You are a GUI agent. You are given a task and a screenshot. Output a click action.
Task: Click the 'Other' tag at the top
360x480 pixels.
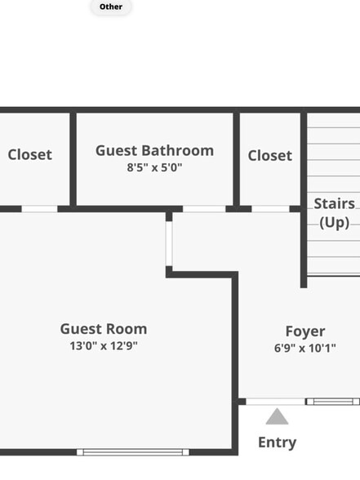[111, 7]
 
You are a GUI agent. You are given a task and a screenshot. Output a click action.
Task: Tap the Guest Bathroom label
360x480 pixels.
[154, 150]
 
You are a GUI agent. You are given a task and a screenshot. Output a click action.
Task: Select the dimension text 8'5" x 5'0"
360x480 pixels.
[154, 167]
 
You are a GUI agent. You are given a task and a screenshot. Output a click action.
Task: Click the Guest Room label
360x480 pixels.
[104, 329]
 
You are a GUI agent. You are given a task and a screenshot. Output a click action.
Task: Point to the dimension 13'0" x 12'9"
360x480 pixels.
[104, 345]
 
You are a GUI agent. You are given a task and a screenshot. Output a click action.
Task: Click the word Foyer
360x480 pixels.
[305, 331]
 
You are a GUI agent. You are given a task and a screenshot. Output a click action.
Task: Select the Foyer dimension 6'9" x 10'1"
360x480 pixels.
[305, 348]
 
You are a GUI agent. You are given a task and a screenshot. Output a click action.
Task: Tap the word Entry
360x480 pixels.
[277, 442]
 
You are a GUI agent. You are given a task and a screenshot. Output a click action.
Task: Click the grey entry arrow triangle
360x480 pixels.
[277, 417]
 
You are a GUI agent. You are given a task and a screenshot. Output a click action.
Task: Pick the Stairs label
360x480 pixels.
[335, 203]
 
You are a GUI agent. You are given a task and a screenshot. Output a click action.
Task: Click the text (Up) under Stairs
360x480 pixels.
[335, 222]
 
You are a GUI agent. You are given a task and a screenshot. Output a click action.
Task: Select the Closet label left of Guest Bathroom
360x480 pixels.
[29, 154]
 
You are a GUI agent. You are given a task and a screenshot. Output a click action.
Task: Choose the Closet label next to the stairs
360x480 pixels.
[269, 155]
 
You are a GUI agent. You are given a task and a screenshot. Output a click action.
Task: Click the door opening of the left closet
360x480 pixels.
[39, 209]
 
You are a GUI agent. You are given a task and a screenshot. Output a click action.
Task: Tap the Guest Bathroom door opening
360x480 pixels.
[203, 209]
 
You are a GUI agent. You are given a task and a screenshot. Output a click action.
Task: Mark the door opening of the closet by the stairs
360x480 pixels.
[269, 209]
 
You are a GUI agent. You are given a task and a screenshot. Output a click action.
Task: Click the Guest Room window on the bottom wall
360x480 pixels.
[133, 451]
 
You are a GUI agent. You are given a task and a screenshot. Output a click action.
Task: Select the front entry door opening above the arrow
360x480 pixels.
[276, 402]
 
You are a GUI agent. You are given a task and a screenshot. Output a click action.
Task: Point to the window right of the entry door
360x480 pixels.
[333, 402]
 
